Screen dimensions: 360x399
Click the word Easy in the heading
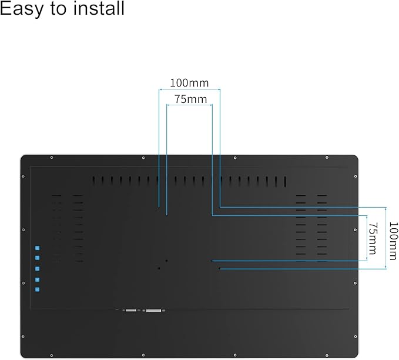click(24, 9)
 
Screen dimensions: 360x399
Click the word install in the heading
click(95, 9)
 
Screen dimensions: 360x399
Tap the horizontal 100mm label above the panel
click(189, 83)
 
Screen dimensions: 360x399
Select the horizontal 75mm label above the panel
click(190, 99)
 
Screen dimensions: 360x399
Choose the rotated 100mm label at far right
click(393, 240)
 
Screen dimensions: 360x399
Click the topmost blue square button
click(37, 248)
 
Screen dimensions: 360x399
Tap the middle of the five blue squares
click(37, 269)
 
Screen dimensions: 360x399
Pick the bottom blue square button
click(37, 289)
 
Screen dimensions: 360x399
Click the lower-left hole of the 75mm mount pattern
click(166, 261)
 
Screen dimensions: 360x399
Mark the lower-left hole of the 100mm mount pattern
click(159, 268)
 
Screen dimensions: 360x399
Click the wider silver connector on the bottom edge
click(155, 309)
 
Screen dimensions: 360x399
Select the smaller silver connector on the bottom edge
click(130, 309)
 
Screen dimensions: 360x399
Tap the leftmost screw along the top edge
click(52, 158)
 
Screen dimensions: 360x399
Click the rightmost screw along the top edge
click(327, 158)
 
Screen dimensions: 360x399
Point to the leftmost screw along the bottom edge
click(52, 355)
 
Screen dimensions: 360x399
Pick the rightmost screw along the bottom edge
click(327, 355)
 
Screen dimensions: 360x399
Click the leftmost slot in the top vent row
click(93, 181)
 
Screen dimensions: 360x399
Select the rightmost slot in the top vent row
click(284, 181)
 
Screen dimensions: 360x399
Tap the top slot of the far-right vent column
click(321, 196)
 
